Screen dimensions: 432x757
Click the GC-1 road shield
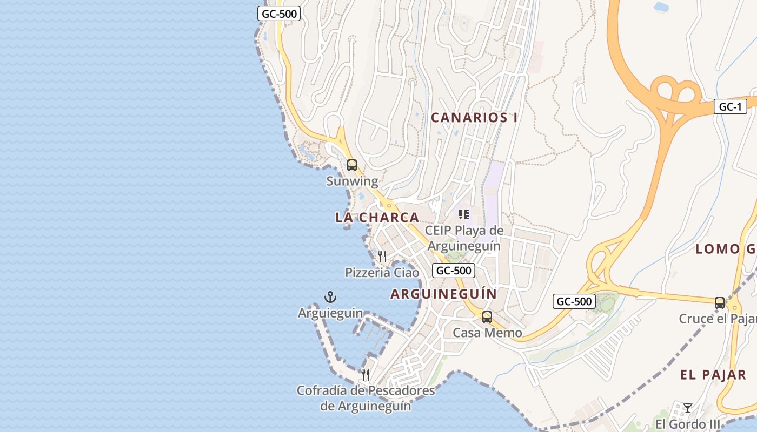click(730, 107)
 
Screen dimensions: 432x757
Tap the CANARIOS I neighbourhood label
click(474, 118)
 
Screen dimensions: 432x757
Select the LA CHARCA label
click(377, 218)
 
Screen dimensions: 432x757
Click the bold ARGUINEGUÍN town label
click(443, 294)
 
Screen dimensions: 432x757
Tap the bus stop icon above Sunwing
click(352, 165)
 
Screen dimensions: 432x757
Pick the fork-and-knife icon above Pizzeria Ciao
click(382, 256)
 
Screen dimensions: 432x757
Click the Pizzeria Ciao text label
click(382, 273)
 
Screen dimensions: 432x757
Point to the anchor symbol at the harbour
click(330, 296)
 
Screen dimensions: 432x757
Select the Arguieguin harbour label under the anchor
click(330, 313)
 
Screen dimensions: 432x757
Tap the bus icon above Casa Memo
click(487, 316)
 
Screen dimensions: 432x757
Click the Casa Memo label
click(487, 333)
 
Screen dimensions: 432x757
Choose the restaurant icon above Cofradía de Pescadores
click(366, 374)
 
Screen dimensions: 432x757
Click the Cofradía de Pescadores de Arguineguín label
click(366, 398)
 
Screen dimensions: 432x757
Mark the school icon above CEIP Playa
click(464, 214)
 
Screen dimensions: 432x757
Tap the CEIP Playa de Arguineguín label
click(464, 238)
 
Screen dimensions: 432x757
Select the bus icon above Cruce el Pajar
click(720, 302)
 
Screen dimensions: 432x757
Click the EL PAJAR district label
click(713, 375)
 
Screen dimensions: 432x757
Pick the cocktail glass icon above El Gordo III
click(688, 408)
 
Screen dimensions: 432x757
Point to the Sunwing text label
click(352, 181)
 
